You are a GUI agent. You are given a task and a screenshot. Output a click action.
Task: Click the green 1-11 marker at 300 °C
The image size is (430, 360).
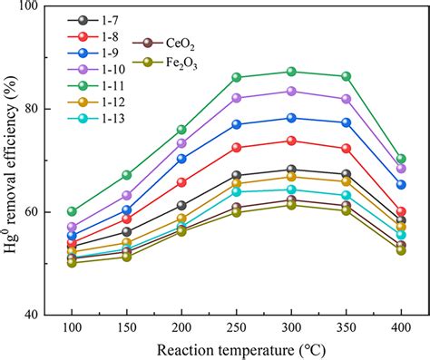[x=291, y=72]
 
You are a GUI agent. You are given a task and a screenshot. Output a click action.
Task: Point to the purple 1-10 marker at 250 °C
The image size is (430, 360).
[x=237, y=98]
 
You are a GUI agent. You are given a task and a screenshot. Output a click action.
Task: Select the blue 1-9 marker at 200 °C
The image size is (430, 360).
[x=181, y=159]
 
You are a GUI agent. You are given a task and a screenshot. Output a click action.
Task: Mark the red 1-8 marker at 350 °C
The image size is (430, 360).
[x=346, y=148]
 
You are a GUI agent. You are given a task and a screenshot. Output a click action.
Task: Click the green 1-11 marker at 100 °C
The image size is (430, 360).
[x=72, y=211]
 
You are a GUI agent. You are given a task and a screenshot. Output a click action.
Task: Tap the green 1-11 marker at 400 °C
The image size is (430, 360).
[x=401, y=159]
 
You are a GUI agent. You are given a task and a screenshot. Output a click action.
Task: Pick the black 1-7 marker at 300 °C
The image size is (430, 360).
[x=291, y=170]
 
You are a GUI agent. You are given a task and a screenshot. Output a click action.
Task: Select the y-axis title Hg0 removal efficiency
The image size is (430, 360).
[x=13, y=161]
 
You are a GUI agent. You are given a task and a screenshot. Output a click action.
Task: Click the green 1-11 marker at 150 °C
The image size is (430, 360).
[x=127, y=174]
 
